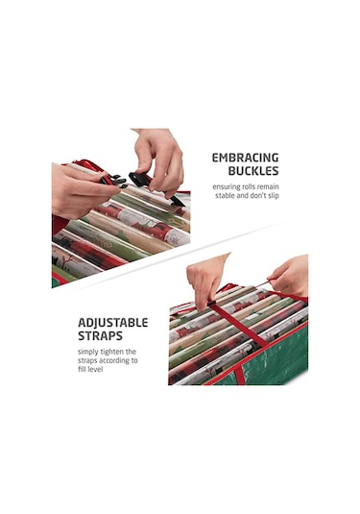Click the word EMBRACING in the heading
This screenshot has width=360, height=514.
(245, 158)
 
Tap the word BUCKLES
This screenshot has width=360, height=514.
(253, 171)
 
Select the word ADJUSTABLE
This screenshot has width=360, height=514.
(113, 323)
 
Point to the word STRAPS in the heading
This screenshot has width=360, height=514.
(100, 336)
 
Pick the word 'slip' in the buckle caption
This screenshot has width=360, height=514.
(274, 196)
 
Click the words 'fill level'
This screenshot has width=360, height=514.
(90, 370)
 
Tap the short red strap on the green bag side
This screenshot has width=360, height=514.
(240, 376)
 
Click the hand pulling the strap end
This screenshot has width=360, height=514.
(290, 276)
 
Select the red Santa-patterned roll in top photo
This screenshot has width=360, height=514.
(142, 223)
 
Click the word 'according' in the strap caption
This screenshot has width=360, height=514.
(115, 360)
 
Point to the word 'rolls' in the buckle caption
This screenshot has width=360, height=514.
(249, 187)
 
